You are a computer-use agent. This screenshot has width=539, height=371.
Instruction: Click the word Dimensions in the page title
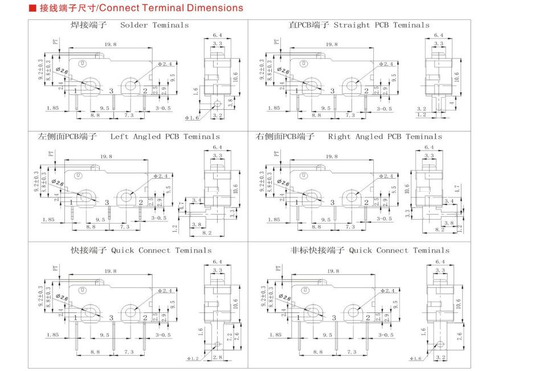point(213,8)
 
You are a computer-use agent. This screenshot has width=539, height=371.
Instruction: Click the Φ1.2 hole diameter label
point(193,359)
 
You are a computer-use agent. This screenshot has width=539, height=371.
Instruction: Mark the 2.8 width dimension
point(217,357)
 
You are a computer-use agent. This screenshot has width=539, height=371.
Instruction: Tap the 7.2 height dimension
point(236,336)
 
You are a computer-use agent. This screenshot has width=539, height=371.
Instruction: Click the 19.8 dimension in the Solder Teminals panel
point(111,44)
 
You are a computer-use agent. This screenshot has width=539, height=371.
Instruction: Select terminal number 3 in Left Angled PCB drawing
point(107,202)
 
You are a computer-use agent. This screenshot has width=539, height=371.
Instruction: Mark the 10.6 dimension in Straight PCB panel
point(455,75)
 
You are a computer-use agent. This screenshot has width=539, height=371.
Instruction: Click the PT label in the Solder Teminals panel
point(55,42)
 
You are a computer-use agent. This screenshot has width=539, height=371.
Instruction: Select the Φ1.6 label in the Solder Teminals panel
point(192,118)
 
